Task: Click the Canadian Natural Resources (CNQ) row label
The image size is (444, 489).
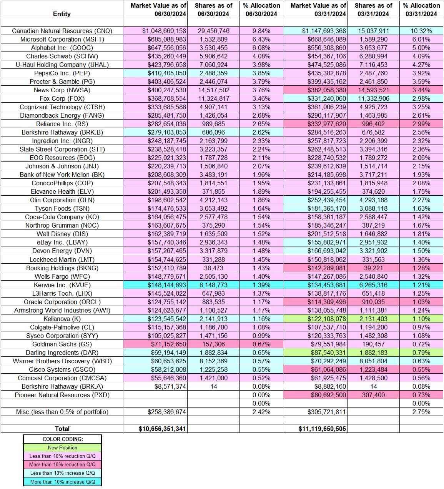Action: click(62, 31)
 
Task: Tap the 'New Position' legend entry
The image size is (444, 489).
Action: click(62, 447)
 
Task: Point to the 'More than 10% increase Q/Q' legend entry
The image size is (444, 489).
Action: click(62, 482)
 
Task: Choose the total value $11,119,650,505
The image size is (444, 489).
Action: click(322, 429)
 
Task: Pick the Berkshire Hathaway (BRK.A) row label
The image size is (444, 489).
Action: click(62, 386)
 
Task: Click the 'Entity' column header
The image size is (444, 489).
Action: click(62, 14)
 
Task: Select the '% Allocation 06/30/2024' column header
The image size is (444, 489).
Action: click(261, 10)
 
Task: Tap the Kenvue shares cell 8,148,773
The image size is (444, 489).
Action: click(213, 285)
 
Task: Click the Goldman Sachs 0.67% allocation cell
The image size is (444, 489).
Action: click(261, 344)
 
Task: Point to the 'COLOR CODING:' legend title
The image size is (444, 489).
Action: click(62, 439)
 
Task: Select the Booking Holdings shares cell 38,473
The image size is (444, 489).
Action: click(213, 268)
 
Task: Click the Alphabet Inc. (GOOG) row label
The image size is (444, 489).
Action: click(62, 48)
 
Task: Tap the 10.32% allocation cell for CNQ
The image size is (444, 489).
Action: click(421, 31)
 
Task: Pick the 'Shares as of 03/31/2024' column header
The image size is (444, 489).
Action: click(373, 10)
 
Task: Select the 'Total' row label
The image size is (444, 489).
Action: click(62, 429)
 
